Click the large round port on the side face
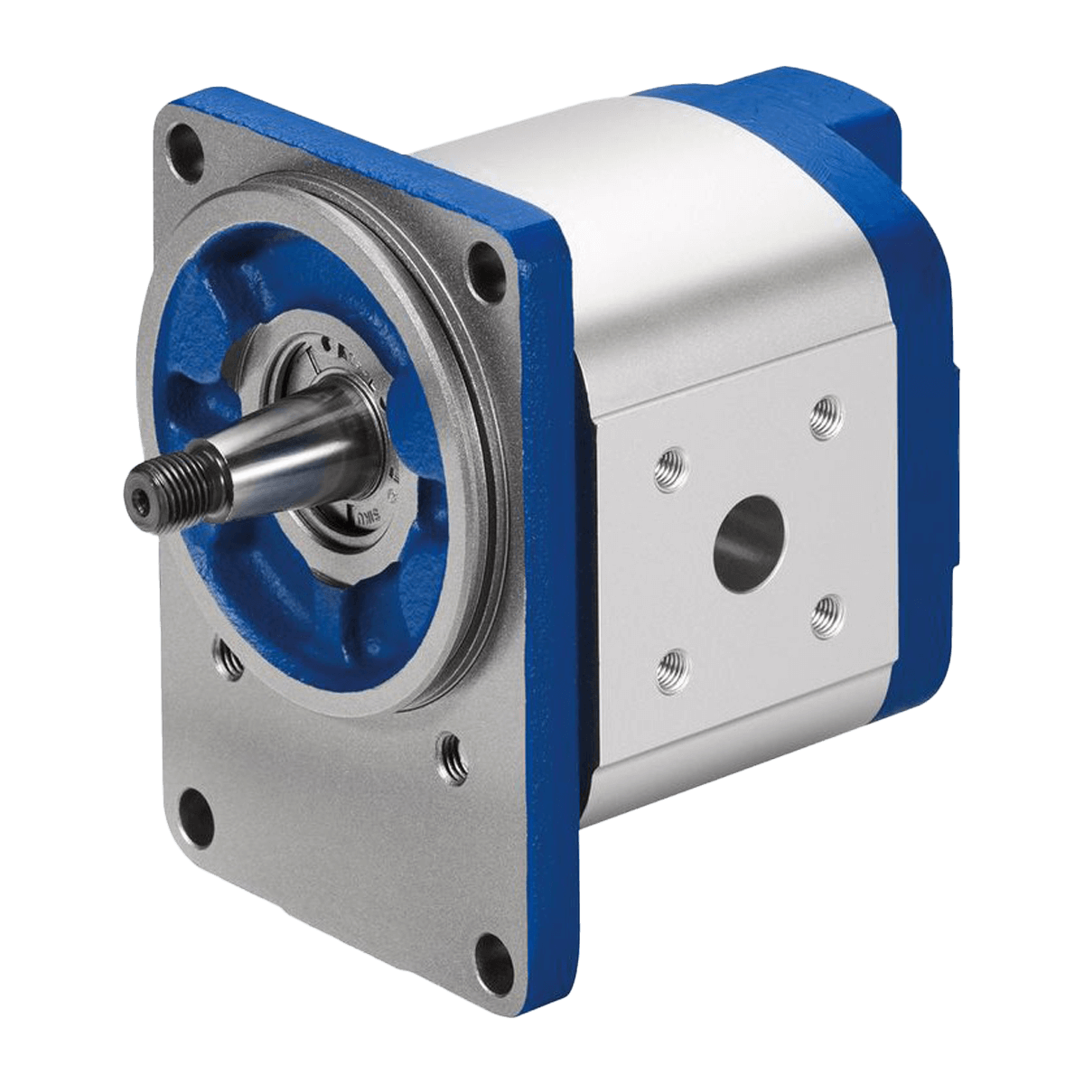click(749, 543)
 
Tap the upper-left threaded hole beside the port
click(670, 471)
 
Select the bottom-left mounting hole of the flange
click(196, 815)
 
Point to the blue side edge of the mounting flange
click(551, 632)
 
